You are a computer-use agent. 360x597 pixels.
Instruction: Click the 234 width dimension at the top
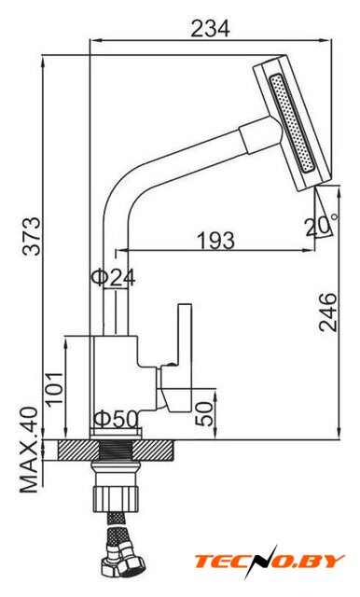(x=210, y=29)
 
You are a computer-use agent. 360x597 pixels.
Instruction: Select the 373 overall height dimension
(x=31, y=236)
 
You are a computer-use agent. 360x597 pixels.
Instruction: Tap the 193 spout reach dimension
(x=215, y=241)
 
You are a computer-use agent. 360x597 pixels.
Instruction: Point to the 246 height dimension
(x=327, y=312)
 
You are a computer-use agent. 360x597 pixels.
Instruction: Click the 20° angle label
(x=321, y=226)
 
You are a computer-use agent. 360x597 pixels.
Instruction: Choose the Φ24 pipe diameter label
(x=113, y=278)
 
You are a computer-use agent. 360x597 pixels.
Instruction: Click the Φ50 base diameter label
(x=116, y=419)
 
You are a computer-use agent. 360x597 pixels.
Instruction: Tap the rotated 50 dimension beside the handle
(x=204, y=414)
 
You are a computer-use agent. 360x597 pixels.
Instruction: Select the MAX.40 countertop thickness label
(x=29, y=450)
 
